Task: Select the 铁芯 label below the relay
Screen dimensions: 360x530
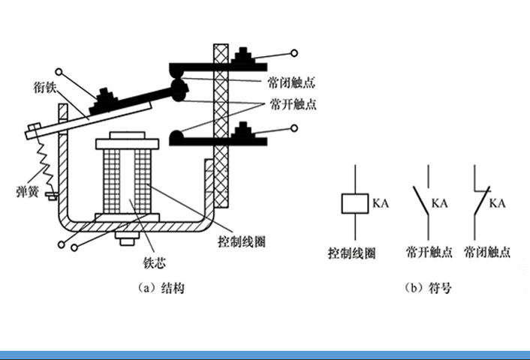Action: pyautogui.click(x=154, y=262)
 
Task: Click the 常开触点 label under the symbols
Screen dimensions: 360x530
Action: pyautogui.click(x=429, y=253)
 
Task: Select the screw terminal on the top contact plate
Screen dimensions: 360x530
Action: pyautogui.click(x=245, y=55)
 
